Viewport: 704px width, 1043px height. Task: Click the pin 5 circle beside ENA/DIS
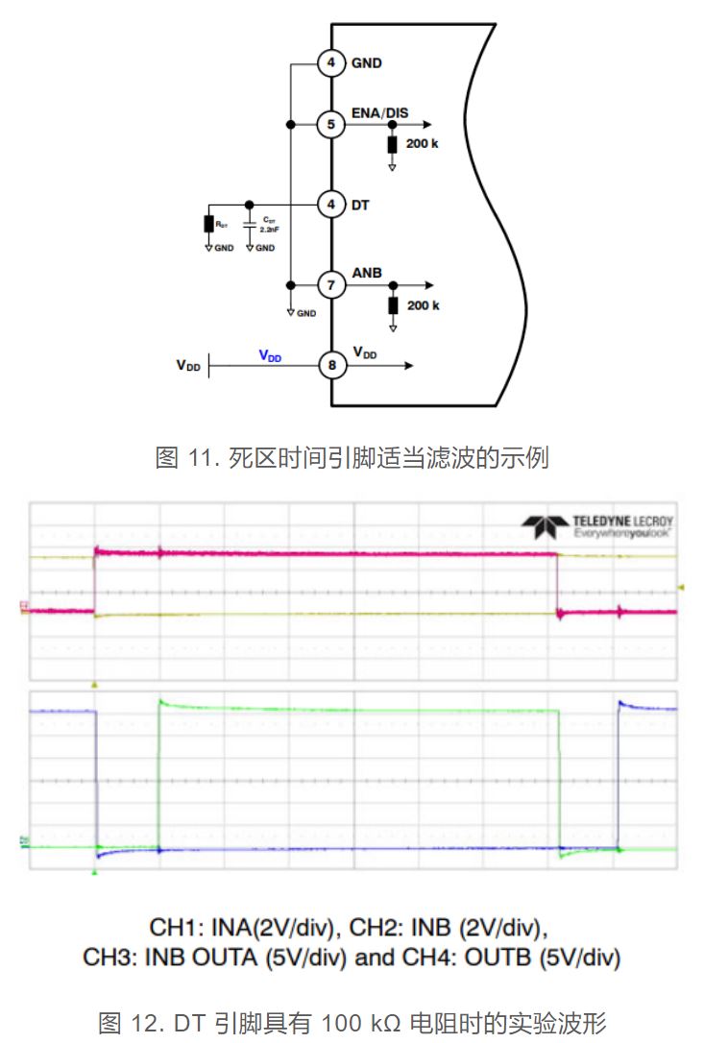tap(331, 125)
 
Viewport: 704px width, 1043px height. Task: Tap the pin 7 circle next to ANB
tap(331, 285)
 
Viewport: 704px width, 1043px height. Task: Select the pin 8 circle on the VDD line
tap(331, 365)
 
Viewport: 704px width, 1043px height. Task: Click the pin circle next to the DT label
tap(331, 205)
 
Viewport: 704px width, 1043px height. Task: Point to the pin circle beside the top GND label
tap(331, 64)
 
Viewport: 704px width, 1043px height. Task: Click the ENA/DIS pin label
tap(379, 113)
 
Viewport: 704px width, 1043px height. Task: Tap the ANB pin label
tap(367, 273)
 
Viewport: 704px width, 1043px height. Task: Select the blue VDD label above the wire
tap(270, 355)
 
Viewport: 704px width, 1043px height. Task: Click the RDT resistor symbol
tap(208, 224)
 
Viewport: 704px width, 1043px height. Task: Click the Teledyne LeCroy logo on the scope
tap(598, 524)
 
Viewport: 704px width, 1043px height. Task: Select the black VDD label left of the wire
tap(188, 365)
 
